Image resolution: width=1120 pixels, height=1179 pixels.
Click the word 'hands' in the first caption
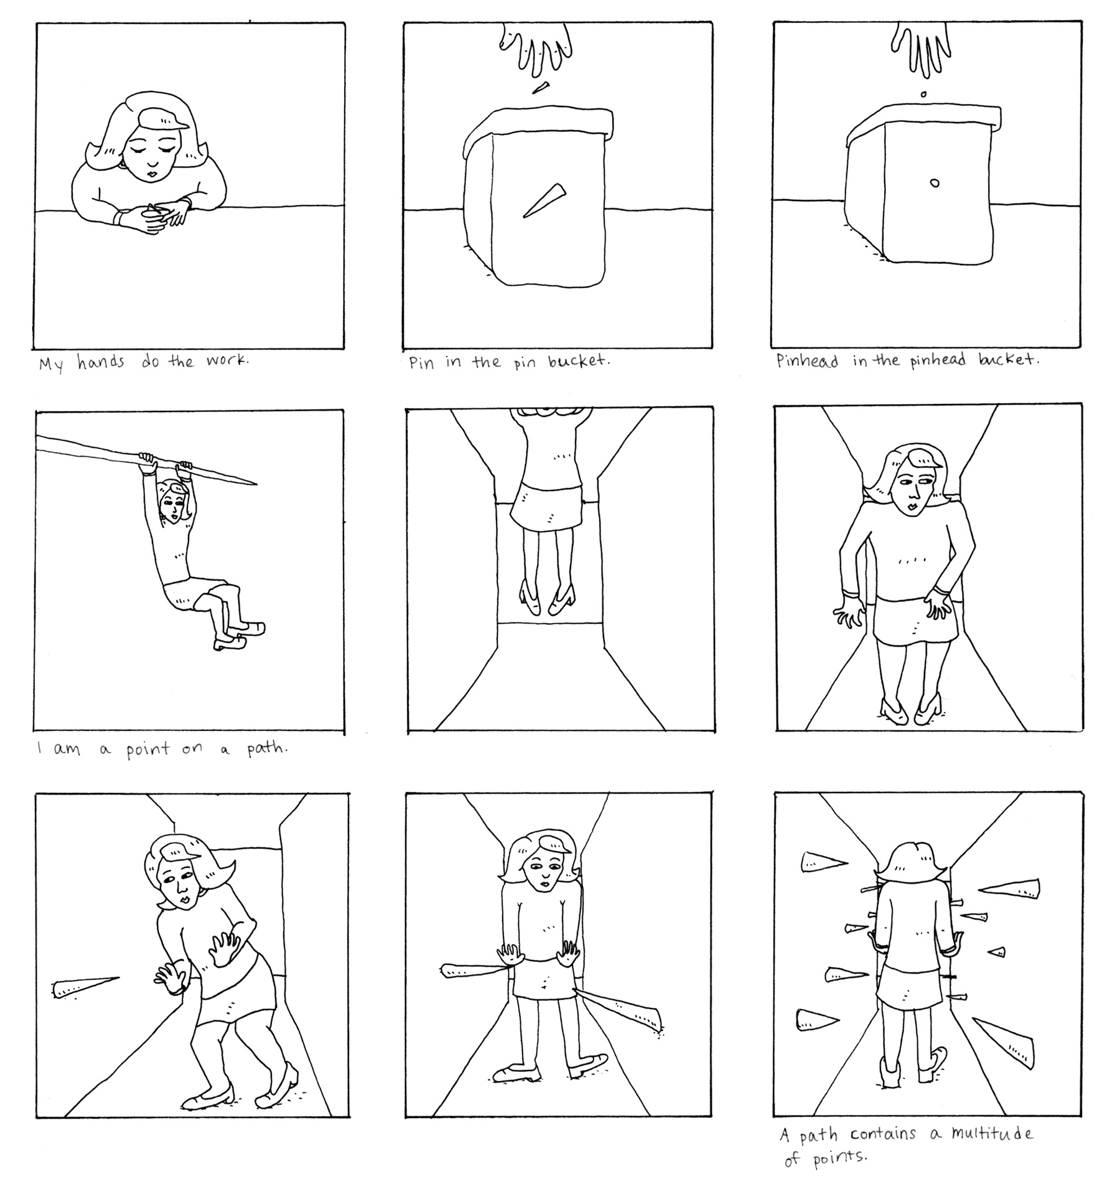click(101, 362)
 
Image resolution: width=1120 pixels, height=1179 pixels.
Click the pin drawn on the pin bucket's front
click(544, 200)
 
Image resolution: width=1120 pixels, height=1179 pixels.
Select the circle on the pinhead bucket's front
click(934, 183)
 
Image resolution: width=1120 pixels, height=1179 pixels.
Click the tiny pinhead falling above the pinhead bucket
click(923, 95)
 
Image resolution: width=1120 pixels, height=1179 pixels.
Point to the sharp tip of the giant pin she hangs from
click(256, 483)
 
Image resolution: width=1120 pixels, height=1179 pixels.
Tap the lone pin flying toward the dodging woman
click(86, 987)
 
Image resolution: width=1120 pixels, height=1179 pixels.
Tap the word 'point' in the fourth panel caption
click(148, 749)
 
